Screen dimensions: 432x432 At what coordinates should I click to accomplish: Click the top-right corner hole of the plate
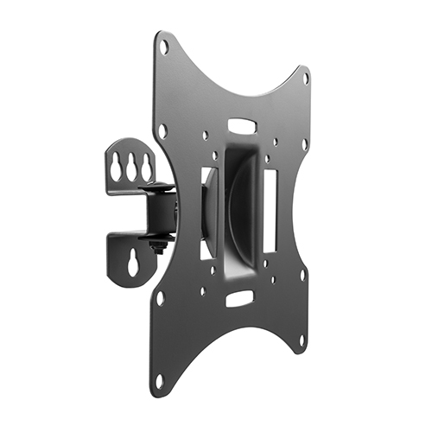tap(305, 78)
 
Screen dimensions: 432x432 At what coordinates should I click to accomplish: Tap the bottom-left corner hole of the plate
tap(159, 380)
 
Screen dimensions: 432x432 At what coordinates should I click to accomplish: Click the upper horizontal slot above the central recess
tap(245, 126)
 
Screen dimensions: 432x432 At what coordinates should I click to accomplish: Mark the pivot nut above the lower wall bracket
tap(157, 246)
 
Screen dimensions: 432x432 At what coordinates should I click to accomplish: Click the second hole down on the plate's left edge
tap(162, 131)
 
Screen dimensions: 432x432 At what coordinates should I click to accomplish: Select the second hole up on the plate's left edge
tap(161, 298)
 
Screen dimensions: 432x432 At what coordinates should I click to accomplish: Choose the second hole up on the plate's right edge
tap(302, 276)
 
